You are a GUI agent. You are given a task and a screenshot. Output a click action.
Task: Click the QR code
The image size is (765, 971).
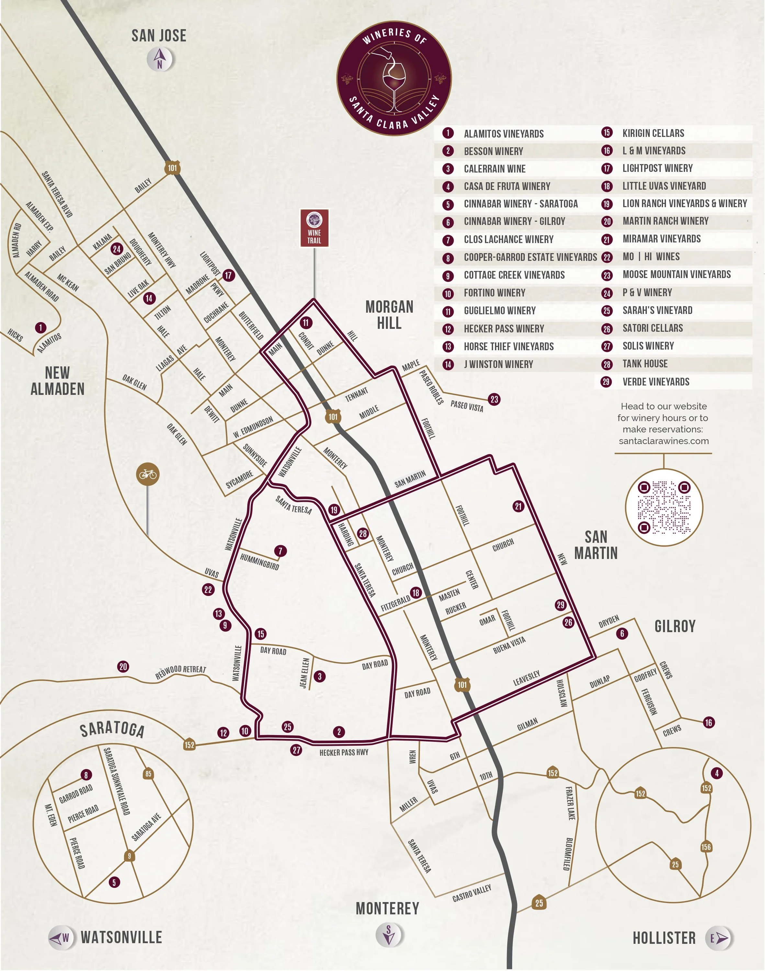click(664, 507)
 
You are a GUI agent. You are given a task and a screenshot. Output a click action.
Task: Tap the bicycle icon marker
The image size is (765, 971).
click(148, 474)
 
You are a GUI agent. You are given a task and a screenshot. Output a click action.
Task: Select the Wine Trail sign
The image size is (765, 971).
click(314, 228)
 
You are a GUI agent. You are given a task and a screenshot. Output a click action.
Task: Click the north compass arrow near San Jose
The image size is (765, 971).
click(160, 58)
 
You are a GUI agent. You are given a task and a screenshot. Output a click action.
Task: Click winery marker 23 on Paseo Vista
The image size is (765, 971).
click(494, 399)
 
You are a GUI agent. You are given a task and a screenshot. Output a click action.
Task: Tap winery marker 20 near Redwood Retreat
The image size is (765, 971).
click(123, 666)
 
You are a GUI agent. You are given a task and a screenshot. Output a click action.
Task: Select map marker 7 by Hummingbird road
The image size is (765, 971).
click(280, 551)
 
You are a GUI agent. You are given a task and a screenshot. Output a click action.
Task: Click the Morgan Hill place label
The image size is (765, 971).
click(389, 315)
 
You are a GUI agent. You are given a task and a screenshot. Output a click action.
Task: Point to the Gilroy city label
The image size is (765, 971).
click(675, 626)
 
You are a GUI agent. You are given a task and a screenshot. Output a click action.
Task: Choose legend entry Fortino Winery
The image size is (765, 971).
click(494, 293)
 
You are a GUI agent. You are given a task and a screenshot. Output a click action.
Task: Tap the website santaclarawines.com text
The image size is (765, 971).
click(663, 441)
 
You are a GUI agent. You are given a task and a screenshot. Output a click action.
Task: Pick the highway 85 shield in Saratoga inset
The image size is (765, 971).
click(148, 774)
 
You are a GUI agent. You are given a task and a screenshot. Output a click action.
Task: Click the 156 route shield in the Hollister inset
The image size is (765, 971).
click(706, 847)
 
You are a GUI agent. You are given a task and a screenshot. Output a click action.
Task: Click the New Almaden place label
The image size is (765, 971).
click(57, 381)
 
